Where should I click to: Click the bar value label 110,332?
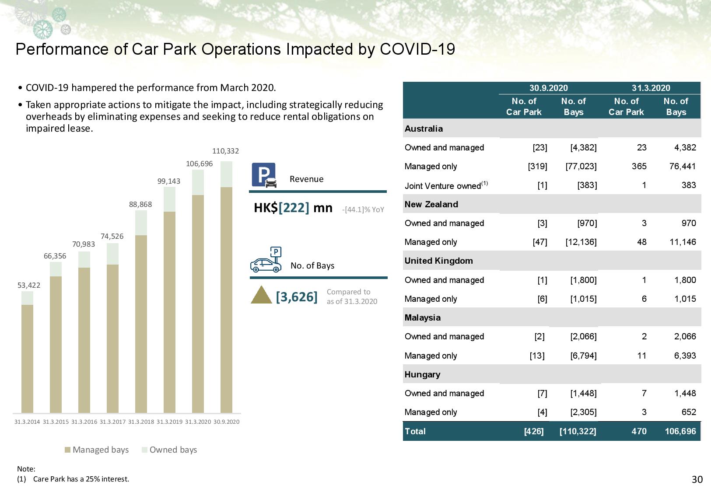tap(225, 151)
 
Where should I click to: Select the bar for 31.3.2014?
tap(27, 352)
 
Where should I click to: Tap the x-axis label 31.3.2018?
tap(141, 422)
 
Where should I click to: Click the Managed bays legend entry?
tap(97, 450)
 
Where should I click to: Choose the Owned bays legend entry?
tap(169, 450)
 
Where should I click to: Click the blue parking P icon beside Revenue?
tap(264, 175)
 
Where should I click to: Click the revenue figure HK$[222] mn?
tap(293, 208)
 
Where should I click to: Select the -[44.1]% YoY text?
tap(363, 209)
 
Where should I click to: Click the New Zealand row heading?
tap(431, 204)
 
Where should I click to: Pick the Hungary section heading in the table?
tap(422, 374)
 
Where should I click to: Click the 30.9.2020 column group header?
tap(548, 88)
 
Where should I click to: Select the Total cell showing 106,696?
tap(680, 431)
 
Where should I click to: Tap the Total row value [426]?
tap(534, 431)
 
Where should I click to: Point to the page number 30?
tap(697, 480)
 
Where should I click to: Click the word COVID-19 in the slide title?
tap(417, 49)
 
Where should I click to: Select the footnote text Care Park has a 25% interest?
tap(81, 479)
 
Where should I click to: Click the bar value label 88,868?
tap(140, 204)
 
